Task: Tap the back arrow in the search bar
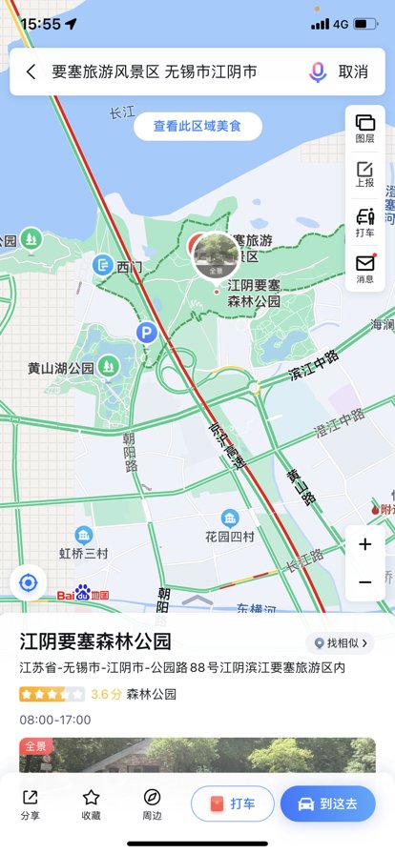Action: point(31,71)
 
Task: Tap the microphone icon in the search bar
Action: point(317,71)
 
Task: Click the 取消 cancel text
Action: point(353,71)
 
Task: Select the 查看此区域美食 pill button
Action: point(197,126)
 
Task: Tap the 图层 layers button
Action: point(364,128)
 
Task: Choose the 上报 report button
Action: point(364,174)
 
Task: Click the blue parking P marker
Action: point(146,333)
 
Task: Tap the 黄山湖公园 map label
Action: point(61,368)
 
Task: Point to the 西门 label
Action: point(129,268)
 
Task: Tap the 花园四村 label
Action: point(230,537)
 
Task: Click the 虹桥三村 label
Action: point(84,553)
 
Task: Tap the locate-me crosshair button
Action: point(29,582)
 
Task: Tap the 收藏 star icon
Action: point(91,803)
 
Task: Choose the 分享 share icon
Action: point(31,803)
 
